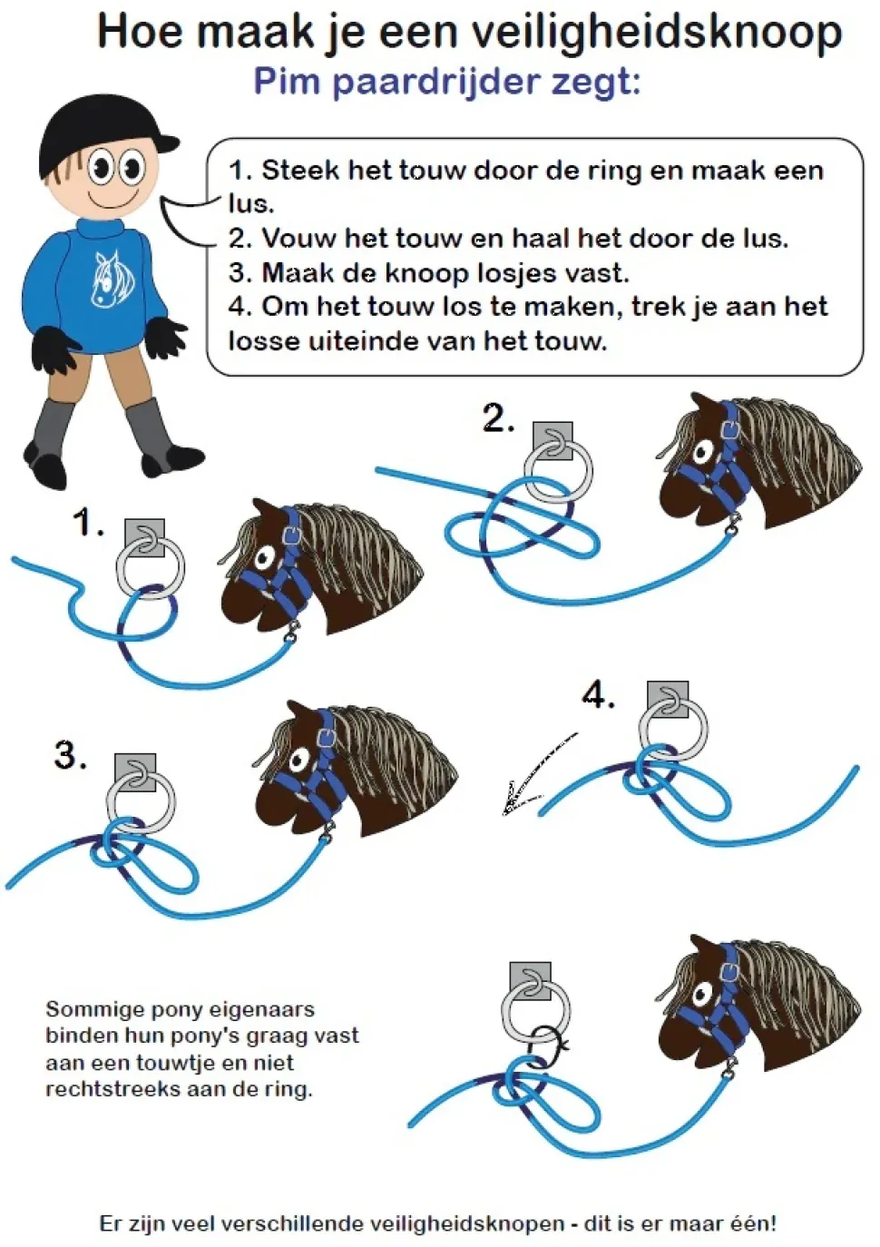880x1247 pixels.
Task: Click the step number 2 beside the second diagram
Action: click(x=498, y=418)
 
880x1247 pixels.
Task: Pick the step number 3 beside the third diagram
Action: click(x=71, y=755)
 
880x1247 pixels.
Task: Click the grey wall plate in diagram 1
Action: click(x=144, y=536)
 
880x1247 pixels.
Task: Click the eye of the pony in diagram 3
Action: click(x=301, y=758)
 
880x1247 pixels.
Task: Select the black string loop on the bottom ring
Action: click(x=548, y=1046)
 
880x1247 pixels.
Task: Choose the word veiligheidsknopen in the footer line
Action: click(x=466, y=1223)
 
